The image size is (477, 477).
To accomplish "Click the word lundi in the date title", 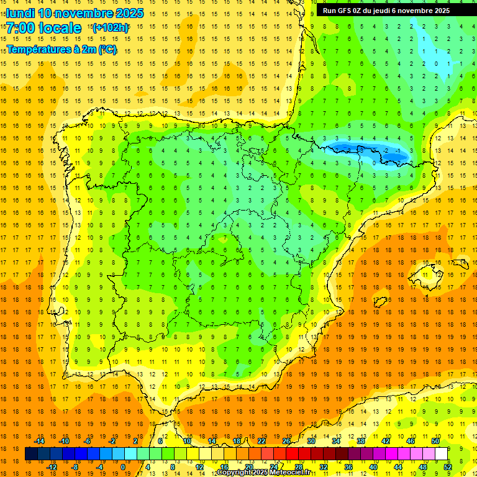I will [x=20, y=13].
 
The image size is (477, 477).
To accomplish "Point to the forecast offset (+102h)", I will [x=111, y=27].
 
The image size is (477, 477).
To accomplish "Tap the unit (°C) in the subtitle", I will [x=106, y=50].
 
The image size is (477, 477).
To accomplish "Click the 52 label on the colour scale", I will [x=448, y=467].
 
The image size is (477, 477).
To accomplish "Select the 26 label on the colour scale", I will [x=286, y=441].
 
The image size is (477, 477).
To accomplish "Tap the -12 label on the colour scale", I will [x=52, y=467].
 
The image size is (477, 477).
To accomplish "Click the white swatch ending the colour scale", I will [x=441, y=454].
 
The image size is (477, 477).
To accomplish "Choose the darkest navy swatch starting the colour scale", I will [x=31, y=454].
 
